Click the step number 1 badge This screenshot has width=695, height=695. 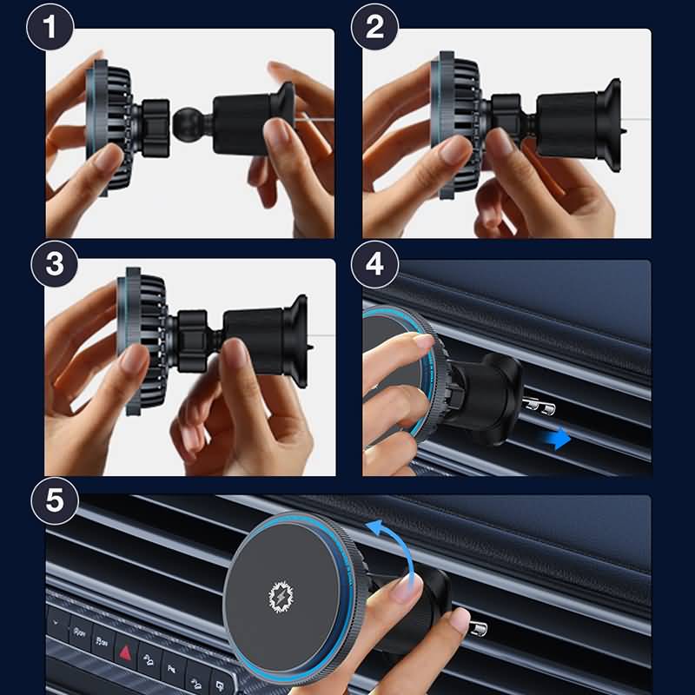coord(50,27)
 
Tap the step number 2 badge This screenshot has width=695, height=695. coord(374,27)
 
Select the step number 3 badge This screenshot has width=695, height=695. coord(55,264)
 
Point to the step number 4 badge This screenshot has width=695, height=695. coord(374,264)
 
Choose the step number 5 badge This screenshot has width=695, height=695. coord(55,501)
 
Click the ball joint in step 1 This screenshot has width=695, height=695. coord(187,125)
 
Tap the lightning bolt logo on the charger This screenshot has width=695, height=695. coord(281,597)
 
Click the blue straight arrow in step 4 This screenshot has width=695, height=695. coord(557,438)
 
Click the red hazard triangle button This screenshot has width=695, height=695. coord(125,652)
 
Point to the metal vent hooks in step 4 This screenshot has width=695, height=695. coord(539,405)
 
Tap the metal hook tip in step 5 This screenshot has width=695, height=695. coord(478,628)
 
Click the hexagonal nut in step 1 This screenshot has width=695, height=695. coord(156,128)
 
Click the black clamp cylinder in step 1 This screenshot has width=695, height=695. coord(242,125)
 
